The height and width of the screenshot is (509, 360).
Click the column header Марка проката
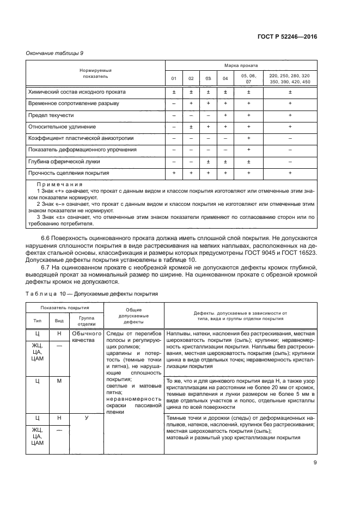241,65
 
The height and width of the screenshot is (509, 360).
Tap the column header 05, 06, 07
248,78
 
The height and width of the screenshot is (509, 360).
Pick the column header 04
225,79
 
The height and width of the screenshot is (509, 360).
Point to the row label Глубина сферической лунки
64,161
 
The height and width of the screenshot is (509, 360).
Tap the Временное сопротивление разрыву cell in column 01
174,103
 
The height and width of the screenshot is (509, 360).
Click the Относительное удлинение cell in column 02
191,127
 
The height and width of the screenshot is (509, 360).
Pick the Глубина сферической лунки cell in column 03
208,161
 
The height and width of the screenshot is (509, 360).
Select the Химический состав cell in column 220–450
290,92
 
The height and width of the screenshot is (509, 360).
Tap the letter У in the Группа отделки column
87,418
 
